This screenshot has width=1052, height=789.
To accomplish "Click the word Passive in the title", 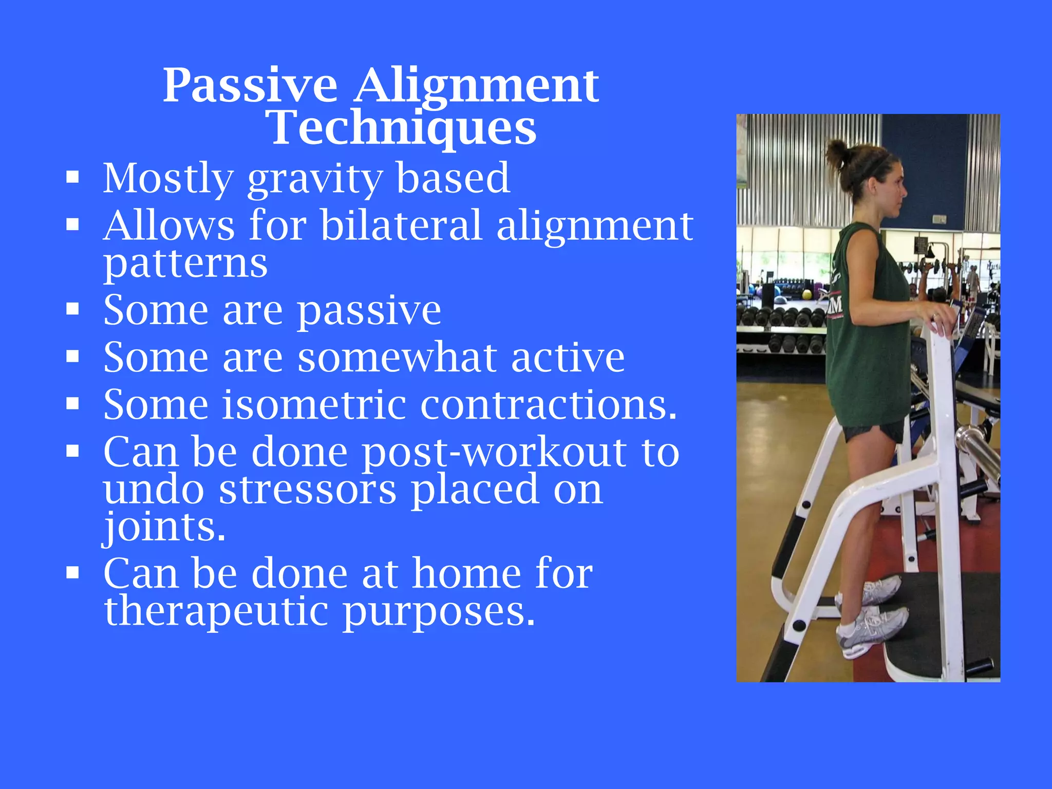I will (x=250, y=85).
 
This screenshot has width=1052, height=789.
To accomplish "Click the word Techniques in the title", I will (x=402, y=128).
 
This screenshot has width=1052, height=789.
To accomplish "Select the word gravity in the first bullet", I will (x=314, y=179).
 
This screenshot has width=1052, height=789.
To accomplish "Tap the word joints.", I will (x=164, y=527).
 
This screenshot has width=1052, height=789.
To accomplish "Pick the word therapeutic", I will (x=216, y=611).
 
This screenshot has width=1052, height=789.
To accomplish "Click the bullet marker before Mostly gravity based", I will (x=72, y=178).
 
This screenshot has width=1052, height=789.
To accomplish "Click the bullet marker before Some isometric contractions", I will (x=72, y=404).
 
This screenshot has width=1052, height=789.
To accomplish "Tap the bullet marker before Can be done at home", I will (x=72, y=573).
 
